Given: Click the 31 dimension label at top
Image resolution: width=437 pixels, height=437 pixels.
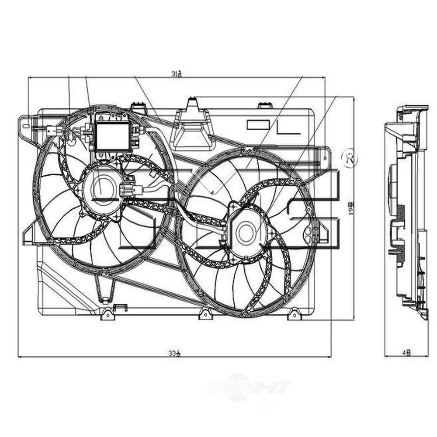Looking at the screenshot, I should click(177, 74).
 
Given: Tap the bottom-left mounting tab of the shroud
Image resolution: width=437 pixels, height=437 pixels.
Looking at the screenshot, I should click(107, 314).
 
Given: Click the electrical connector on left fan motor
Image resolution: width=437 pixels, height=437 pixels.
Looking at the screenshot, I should click(130, 191).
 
